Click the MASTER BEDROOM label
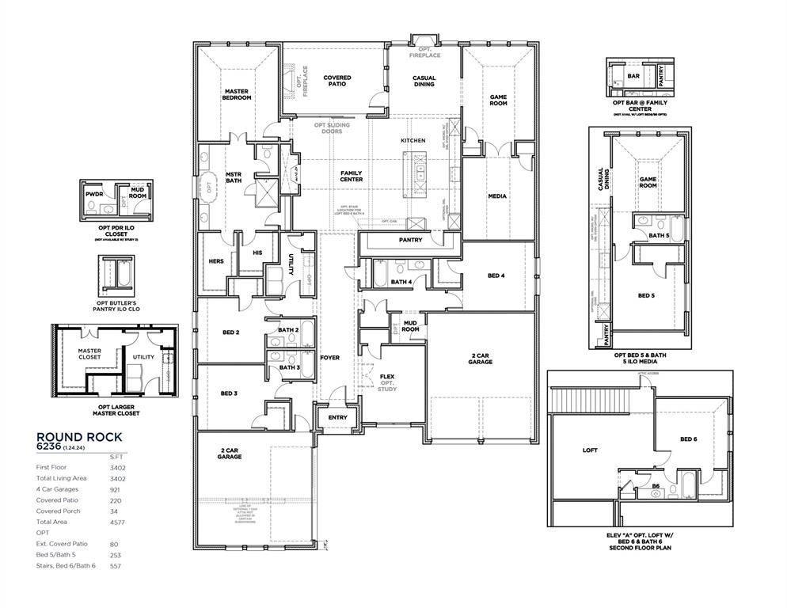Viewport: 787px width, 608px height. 237,94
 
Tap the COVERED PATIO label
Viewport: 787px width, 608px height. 337,82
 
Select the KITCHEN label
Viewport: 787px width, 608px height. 413,141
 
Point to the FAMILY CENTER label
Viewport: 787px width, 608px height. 352,176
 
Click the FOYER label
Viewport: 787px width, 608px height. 329,358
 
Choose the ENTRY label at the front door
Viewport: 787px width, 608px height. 337,417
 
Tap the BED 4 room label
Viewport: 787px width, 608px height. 496,275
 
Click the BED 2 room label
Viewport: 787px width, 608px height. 231,332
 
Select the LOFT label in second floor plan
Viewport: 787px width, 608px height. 590,450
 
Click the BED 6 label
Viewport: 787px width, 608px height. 689,439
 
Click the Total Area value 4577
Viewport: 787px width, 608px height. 117,522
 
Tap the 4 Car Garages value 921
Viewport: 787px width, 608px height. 116,489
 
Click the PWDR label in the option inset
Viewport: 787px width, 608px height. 95,192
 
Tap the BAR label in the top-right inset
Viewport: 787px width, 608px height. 633,77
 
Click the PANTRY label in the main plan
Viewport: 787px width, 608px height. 410,240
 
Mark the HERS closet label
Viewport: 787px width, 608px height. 216,261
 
